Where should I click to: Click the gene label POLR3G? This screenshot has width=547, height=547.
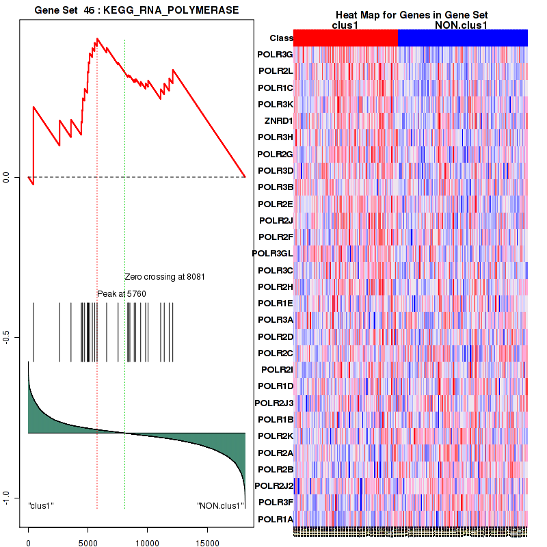275,55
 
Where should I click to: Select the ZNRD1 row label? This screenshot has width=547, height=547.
278,121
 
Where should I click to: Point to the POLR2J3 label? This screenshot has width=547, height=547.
273,403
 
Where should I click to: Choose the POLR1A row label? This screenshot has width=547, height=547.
275,519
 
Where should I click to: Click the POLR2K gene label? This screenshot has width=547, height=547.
275,436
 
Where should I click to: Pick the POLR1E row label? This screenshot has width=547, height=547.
275,304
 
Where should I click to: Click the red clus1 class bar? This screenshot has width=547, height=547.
345,38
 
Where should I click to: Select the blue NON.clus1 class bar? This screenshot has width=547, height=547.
462,38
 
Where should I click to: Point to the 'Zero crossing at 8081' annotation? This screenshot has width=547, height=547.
165,277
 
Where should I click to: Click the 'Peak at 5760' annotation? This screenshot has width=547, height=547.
122,294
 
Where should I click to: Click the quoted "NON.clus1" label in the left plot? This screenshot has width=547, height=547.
221,506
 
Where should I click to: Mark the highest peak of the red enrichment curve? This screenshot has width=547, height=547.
98,39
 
